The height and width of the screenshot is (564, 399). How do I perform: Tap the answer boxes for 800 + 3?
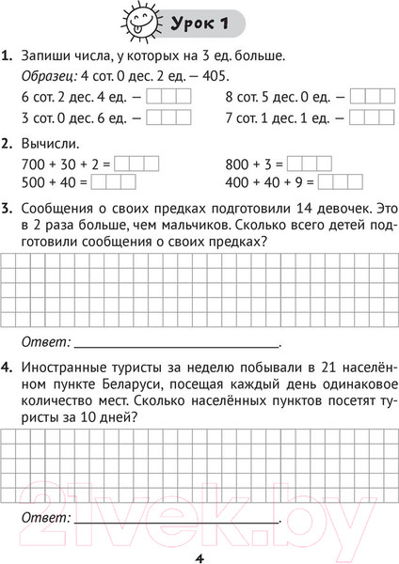tap(310, 164)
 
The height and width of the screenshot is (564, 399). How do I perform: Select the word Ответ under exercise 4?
tap(43, 518)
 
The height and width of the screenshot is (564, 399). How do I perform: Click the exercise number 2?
tap(8, 143)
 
